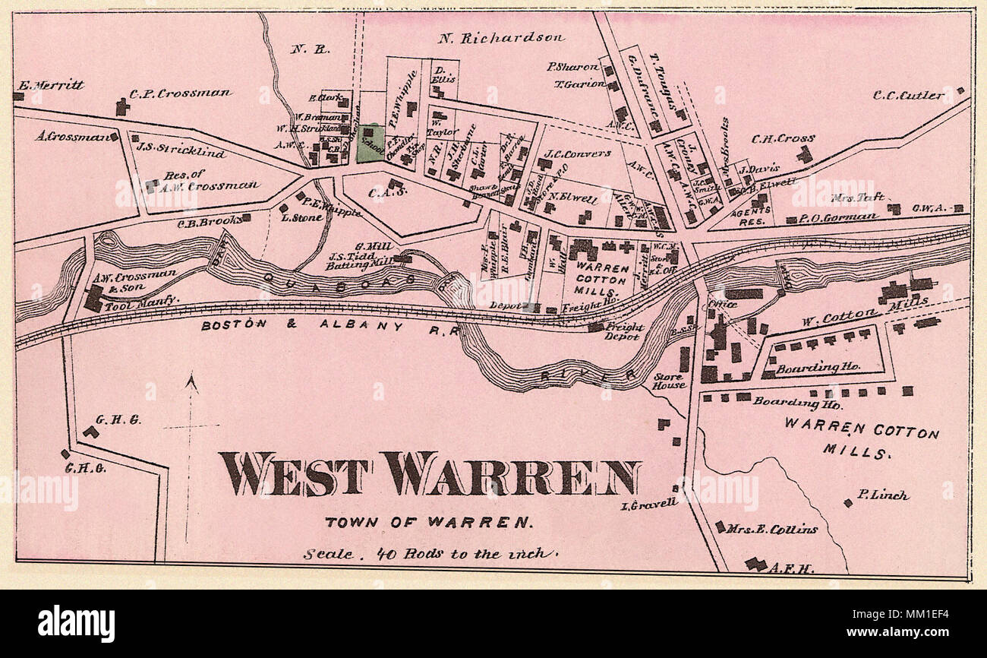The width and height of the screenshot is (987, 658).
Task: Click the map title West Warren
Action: pos(430,474)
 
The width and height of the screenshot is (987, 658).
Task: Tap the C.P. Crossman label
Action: pos(180,93)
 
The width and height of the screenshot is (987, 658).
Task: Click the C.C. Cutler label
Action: pos(909,96)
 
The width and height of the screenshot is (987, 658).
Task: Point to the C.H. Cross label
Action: pos(783,139)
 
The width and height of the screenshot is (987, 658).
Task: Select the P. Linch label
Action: pos(882,495)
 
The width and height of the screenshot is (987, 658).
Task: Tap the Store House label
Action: pos(669,381)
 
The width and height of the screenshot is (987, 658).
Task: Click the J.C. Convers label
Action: pos(578,153)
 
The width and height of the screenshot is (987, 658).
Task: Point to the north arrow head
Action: pos(191,381)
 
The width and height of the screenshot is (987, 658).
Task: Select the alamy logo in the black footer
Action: pos(76,624)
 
